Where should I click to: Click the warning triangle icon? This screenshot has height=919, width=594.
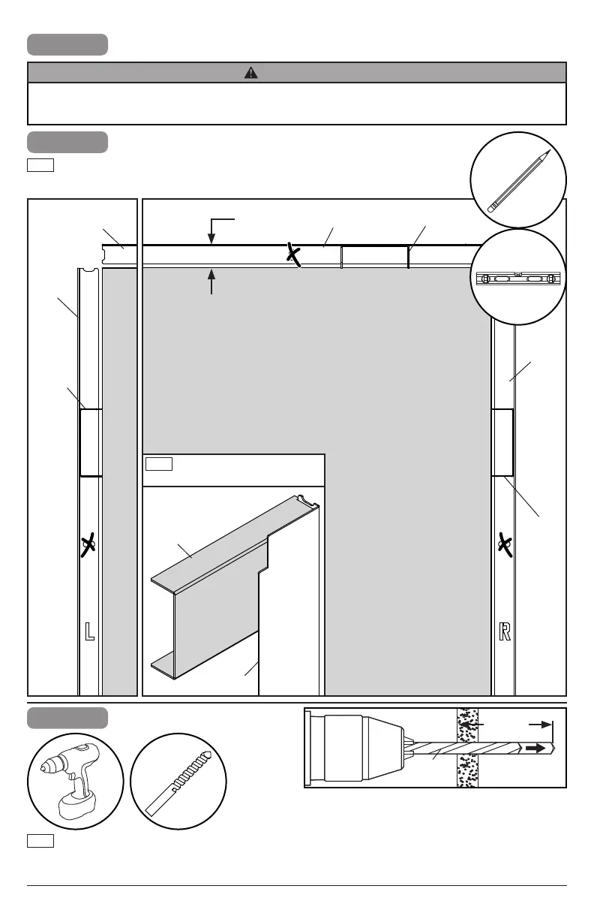tap(251, 73)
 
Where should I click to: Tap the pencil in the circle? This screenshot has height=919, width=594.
tap(518, 181)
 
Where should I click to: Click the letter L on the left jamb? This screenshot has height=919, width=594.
tap(89, 631)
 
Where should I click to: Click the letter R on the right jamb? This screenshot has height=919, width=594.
tap(505, 631)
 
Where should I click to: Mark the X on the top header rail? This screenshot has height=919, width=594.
tap(293, 255)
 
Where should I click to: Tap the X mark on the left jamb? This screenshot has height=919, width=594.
tap(88, 545)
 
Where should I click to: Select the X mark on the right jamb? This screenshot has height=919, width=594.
tap(505, 545)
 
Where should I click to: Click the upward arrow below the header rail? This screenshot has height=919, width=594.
tap(211, 282)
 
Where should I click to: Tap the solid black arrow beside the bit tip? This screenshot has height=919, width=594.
tap(535, 749)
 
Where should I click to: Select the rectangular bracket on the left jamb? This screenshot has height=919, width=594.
tap(91, 443)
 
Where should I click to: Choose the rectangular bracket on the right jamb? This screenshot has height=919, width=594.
tap(502, 443)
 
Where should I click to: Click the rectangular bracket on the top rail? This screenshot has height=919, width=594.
tap(375, 257)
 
